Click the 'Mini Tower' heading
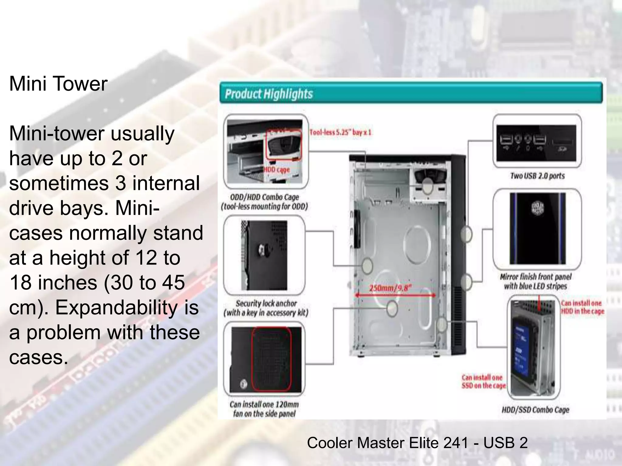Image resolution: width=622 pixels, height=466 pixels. point(58,84)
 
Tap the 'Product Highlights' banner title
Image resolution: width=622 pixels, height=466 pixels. point(269,94)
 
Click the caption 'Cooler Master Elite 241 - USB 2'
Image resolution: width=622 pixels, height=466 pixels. point(417,443)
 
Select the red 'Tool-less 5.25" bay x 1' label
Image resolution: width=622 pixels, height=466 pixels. point(340,132)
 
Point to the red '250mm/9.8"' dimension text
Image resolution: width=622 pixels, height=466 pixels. point(391,288)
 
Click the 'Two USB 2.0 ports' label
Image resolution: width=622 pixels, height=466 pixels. point(537,176)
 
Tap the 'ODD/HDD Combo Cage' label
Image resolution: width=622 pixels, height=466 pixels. point(264,197)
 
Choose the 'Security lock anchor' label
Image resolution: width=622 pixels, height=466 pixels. point(266,303)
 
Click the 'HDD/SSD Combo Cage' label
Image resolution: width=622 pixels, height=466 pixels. point(535,410)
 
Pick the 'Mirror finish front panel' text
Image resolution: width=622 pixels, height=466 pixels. point(535,277)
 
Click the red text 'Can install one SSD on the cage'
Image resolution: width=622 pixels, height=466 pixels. point(484,382)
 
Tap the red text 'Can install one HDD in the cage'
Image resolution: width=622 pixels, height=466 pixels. point(582,307)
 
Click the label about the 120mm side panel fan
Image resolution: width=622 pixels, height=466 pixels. point(264,409)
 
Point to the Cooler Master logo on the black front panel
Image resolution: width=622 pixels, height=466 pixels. point(537,208)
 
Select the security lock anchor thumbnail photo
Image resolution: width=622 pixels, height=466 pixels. point(264,255)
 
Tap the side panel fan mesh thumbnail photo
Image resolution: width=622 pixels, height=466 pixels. point(266,360)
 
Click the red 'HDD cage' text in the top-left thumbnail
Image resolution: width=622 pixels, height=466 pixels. point(277,170)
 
